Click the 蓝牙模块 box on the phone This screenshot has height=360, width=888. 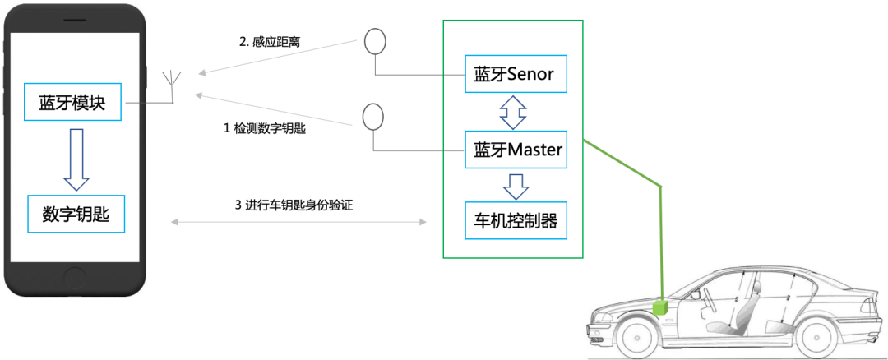(x=72, y=102)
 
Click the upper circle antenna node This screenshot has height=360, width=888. (x=375, y=40)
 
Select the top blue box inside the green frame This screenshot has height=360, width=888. (x=516, y=74)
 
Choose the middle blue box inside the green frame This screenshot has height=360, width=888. (x=516, y=149)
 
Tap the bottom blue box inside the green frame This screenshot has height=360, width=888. (x=516, y=220)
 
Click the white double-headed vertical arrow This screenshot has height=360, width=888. (x=514, y=112)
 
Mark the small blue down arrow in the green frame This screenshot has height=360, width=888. (x=516, y=186)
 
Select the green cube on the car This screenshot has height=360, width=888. (x=660, y=307)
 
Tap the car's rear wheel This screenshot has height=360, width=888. (x=818, y=337)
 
